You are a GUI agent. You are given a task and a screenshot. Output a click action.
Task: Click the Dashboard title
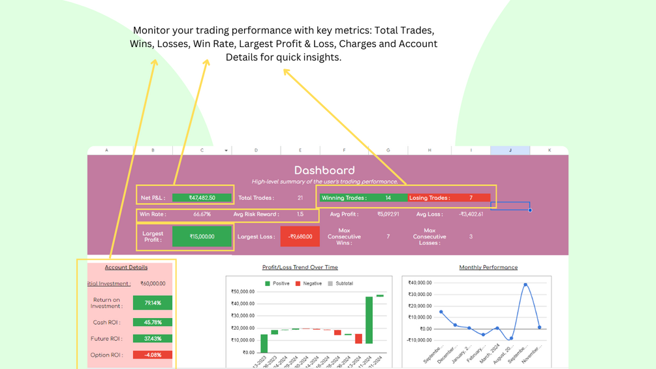click(x=324, y=170)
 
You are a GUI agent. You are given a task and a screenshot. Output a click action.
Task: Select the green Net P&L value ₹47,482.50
click(x=202, y=198)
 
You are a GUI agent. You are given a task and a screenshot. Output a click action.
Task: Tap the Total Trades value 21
click(x=300, y=198)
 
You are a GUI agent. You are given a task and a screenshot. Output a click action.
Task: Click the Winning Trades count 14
click(x=388, y=198)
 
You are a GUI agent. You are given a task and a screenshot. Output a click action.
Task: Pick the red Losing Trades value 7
click(x=471, y=198)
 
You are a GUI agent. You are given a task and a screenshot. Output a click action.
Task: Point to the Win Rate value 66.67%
click(x=202, y=214)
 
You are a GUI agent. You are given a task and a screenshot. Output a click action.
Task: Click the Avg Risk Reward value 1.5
click(x=300, y=214)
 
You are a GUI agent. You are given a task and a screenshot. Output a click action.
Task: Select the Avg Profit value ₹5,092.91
click(x=388, y=214)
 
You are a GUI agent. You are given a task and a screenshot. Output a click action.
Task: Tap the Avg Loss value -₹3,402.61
click(x=471, y=214)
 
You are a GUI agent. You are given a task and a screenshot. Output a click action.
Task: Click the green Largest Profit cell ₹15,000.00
click(x=202, y=236)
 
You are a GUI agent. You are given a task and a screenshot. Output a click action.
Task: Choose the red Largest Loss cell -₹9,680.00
click(x=300, y=236)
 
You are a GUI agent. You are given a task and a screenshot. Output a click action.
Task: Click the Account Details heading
click(x=126, y=267)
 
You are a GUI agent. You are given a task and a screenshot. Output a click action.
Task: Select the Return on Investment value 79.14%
click(x=152, y=303)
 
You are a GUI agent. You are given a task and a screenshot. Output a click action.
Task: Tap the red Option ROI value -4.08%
click(x=152, y=355)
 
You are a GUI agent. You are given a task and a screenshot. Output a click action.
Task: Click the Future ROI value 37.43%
click(x=152, y=338)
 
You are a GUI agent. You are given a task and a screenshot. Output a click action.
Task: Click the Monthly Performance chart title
click(x=488, y=267)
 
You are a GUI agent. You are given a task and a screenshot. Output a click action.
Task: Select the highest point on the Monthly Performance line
click(x=525, y=285)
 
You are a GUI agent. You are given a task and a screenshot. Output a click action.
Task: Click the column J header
click(x=510, y=150)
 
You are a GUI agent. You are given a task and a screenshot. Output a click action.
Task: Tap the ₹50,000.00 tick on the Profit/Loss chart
click(x=243, y=291)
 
